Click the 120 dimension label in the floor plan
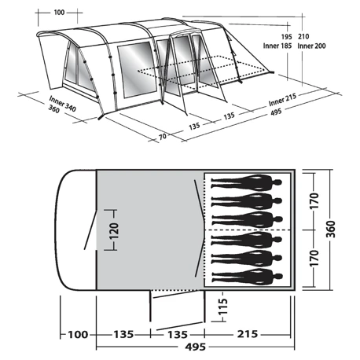pyautogui.click(x=114, y=231)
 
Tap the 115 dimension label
pyautogui.click(x=223, y=307)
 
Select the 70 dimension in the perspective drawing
pyautogui.click(x=163, y=136)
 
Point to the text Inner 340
pyautogui.click(x=63, y=104)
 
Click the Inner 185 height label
pyautogui.click(x=277, y=46)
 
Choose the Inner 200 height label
pyautogui.click(x=311, y=46)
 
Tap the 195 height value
pyautogui.click(x=286, y=37)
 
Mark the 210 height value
pyautogui.click(x=303, y=36)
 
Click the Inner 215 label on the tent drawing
pyautogui.click(x=282, y=100)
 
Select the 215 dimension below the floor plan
pyautogui.click(x=248, y=334)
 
